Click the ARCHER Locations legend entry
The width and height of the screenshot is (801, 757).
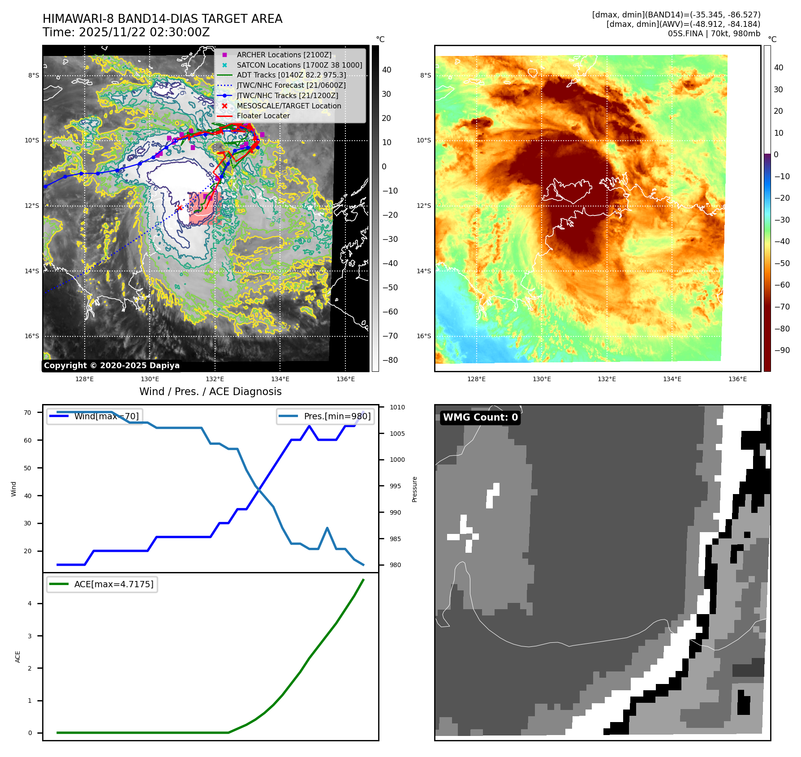click(284, 55)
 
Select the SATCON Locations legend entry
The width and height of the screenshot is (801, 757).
click(299, 65)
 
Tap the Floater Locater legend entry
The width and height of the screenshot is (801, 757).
click(263, 116)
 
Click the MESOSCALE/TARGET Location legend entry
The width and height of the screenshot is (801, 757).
click(289, 106)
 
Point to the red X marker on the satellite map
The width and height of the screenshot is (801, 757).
click(180, 208)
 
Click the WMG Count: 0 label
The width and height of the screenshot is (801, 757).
click(480, 417)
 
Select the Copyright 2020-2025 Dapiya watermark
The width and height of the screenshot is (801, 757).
click(112, 366)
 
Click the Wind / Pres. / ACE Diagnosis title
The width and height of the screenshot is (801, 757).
click(210, 391)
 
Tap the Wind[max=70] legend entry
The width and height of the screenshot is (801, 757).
click(106, 416)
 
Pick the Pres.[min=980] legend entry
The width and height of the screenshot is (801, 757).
click(337, 416)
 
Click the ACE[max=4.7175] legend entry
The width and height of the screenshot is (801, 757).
click(113, 584)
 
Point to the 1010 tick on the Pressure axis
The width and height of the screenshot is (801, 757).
click(397, 407)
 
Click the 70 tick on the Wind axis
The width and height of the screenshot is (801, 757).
click(28, 413)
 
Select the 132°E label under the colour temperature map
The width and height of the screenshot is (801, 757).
click(607, 379)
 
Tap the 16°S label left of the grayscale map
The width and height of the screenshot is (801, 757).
click(32, 336)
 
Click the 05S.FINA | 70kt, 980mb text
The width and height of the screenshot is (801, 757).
click(714, 34)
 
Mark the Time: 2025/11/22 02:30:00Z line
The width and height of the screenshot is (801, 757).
click(126, 32)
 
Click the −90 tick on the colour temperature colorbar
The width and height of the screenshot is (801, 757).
click(782, 350)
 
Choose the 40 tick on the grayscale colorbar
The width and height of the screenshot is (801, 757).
click(387, 70)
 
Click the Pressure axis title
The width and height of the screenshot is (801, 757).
click(414, 489)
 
